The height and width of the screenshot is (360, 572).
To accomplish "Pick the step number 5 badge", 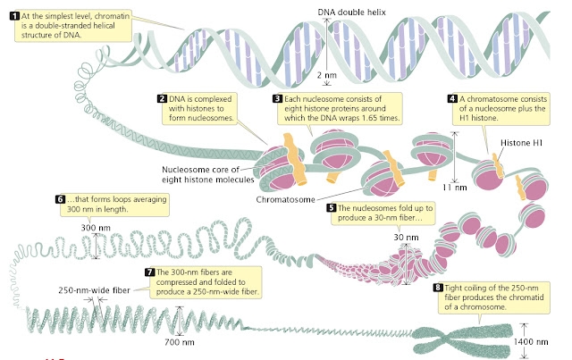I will click(332, 208).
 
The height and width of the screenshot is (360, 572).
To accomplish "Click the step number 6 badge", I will click(61, 198).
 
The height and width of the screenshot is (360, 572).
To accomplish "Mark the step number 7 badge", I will click(149, 272).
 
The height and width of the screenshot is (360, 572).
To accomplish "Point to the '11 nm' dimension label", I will click(454, 188).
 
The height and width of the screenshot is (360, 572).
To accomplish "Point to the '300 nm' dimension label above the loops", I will click(95, 228).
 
